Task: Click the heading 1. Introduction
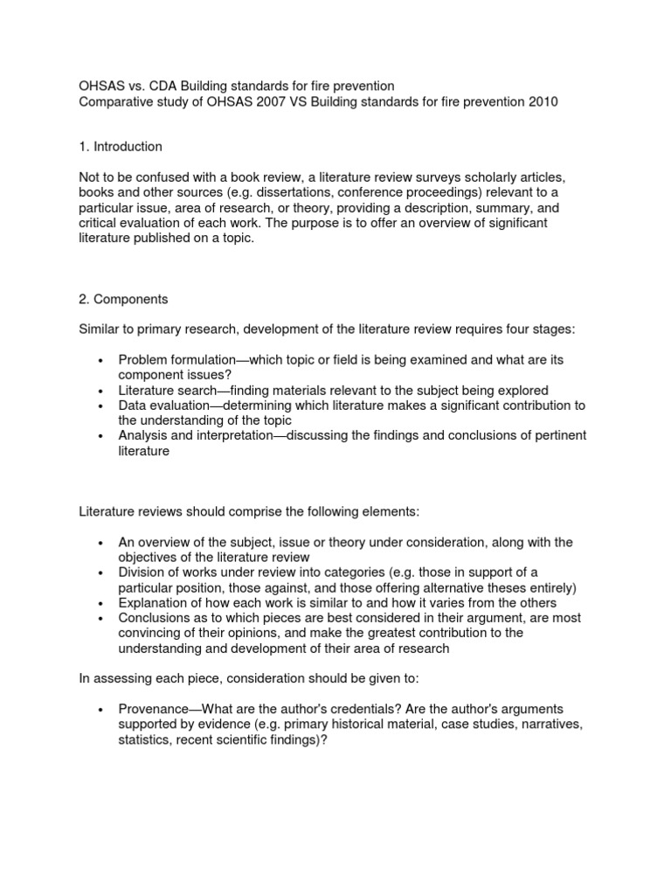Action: tap(121, 146)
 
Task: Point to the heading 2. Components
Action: tap(123, 299)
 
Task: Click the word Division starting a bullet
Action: tap(141, 572)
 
